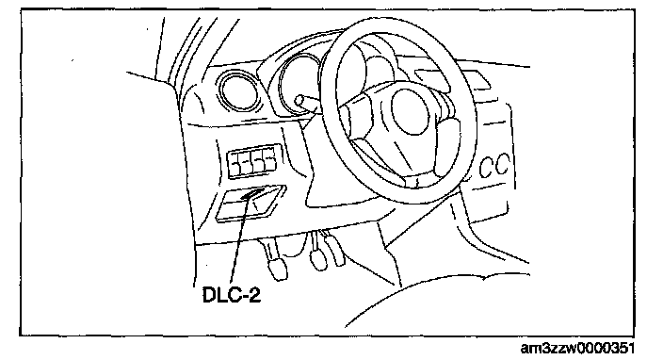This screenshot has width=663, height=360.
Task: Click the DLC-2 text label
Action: pyautogui.click(x=232, y=295)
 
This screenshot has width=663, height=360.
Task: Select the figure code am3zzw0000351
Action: pyautogui.click(x=577, y=348)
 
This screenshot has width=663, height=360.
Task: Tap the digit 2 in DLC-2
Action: pyautogui.click(x=254, y=295)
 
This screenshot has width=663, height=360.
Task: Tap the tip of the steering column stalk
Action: pyautogui.click(x=299, y=101)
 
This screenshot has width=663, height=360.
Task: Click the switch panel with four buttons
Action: pyautogui.click(x=253, y=160)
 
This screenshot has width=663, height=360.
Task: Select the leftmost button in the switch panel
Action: pyautogui.click(x=235, y=164)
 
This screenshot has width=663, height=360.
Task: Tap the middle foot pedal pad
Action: pyautogui.click(x=318, y=259)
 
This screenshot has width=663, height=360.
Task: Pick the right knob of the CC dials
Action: pyautogui.click(x=502, y=165)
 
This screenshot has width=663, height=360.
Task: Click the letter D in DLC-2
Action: pyautogui.click(x=210, y=295)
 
